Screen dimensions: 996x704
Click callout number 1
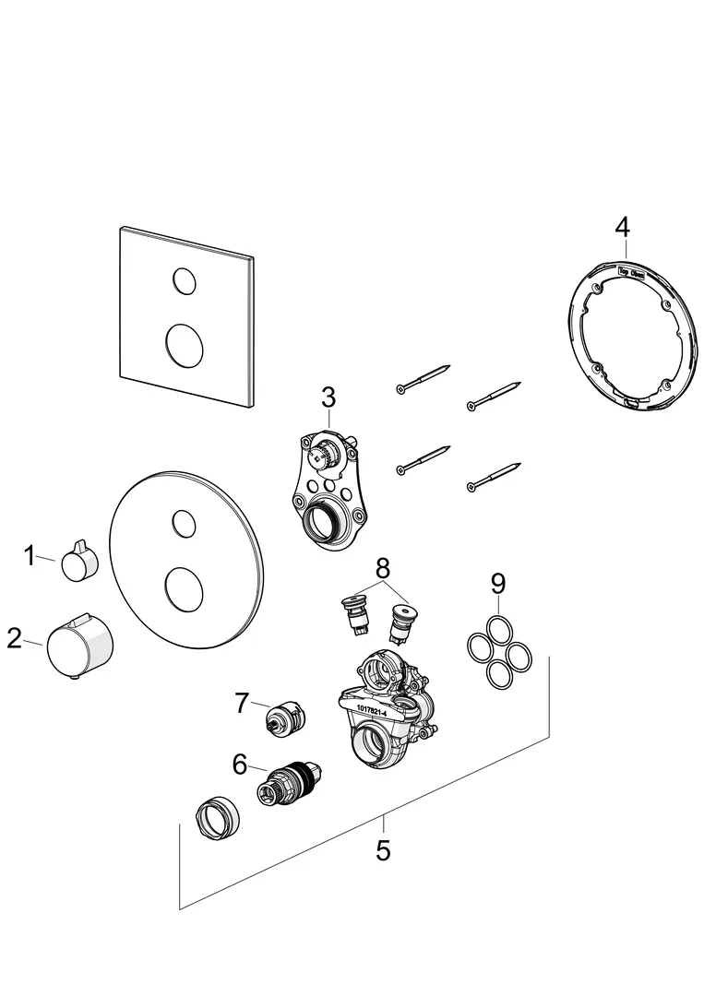(29, 556)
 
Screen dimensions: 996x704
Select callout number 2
(14, 637)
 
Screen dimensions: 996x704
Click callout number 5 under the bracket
(383, 849)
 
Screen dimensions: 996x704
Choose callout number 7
(242, 704)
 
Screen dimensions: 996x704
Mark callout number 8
(383, 565)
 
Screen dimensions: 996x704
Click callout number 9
(497, 584)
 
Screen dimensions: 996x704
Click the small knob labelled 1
(78, 563)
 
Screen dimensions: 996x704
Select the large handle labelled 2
(81, 643)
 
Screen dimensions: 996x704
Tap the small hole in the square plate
(184, 279)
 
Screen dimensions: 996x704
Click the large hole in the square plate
(185, 345)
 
